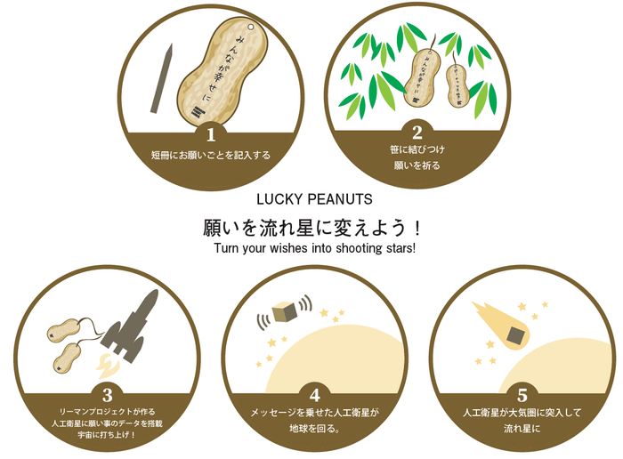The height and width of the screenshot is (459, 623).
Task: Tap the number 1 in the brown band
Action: pyautogui.click(x=211, y=135)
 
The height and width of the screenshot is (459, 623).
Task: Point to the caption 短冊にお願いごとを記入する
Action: pyautogui.click(x=211, y=156)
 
